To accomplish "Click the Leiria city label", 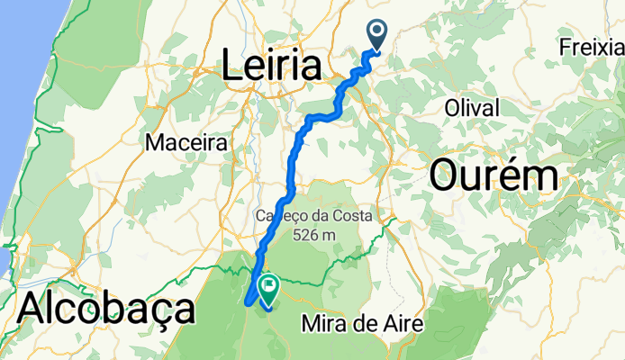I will pyautogui.click(x=271, y=66).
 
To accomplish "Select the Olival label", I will pyautogui.click(x=472, y=108).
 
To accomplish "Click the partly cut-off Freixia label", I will pyautogui.click(x=591, y=45).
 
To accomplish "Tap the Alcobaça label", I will pyautogui.click(x=105, y=309).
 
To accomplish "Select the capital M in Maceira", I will pyautogui.click(x=153, y=142).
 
